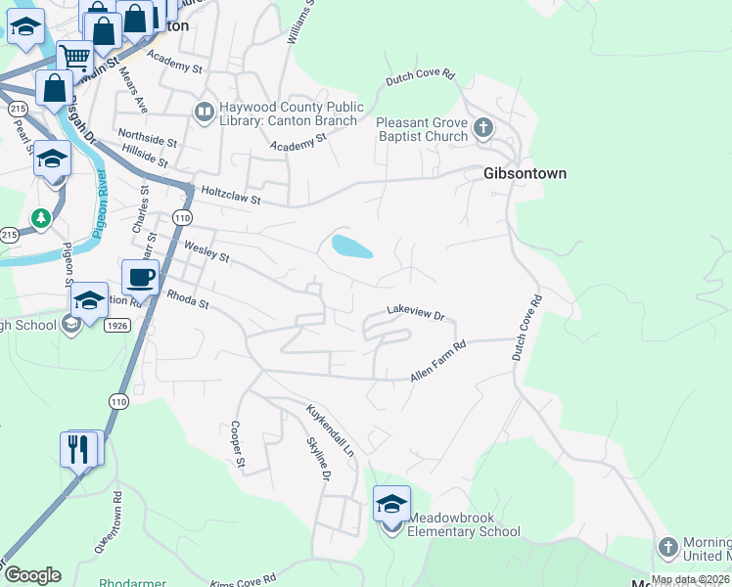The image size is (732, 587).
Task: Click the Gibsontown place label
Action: [525, 173]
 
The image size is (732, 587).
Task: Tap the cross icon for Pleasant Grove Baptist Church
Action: [482, 127]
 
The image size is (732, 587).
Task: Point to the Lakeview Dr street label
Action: [415, 315]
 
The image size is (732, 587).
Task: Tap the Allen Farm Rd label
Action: [437, 361]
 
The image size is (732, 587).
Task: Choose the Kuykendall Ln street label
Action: [329, 431]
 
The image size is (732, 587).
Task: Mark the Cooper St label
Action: [235, 439]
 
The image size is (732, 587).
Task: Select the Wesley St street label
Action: [206, 252]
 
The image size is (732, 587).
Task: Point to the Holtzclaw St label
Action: [231, 196]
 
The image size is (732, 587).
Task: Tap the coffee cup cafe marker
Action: [141, 277]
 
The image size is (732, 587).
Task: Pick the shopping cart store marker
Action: [72, 57]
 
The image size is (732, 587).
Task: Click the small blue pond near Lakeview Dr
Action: [351, 246]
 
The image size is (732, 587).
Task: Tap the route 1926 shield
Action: [117, 325]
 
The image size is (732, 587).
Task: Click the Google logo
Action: [32, 575]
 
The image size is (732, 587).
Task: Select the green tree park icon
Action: [40, 216]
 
